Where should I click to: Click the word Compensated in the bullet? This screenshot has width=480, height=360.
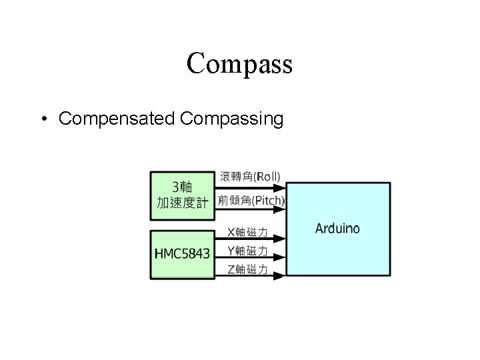point(117,119)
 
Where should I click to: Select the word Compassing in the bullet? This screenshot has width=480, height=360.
point(231,119)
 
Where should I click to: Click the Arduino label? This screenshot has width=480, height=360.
point(337,229)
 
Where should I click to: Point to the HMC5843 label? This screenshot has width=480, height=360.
point(182,253)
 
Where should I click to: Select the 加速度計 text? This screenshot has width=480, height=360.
point(182,203)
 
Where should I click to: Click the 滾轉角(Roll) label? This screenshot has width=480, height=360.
point(250,177)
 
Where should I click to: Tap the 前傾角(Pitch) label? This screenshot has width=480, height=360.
point(251,200)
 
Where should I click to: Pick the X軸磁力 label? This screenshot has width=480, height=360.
point(248,233)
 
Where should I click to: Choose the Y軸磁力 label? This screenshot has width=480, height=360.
point(248,251)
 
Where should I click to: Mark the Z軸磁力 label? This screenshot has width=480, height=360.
point(248,269)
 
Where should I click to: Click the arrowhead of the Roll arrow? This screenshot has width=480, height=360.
point(283,186)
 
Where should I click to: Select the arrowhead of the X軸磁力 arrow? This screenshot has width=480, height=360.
point(283,239)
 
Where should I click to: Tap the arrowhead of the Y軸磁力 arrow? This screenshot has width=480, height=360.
point(283,258)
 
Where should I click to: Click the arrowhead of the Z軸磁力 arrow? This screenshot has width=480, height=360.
point(283,275)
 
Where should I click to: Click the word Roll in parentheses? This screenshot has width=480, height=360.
point(267,177)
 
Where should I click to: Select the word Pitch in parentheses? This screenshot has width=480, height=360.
point(268,200)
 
